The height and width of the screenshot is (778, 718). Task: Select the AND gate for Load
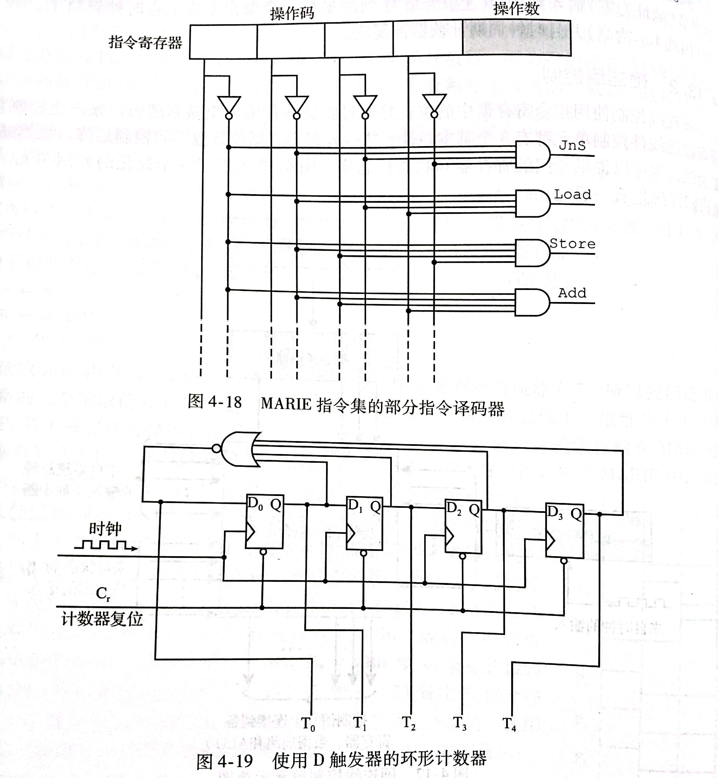click(x=532, y=203)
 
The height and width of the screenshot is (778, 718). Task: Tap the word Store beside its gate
click(x=572, y=244)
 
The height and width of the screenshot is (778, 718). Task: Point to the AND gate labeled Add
click(x=532, y=302)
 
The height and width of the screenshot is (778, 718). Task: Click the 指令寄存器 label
click(x=145, y=42)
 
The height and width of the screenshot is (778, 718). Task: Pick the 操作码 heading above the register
click(x=292, y=13)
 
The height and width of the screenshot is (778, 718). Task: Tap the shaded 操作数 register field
click(x=517, y=38)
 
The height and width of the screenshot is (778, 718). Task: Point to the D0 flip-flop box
click(x=264, y=521)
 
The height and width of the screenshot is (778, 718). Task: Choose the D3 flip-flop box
click(x=565, y=531)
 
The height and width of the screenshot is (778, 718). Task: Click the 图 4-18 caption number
click(x=215, y=401)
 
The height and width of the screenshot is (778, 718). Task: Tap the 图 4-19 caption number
click(x=225, y=761)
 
